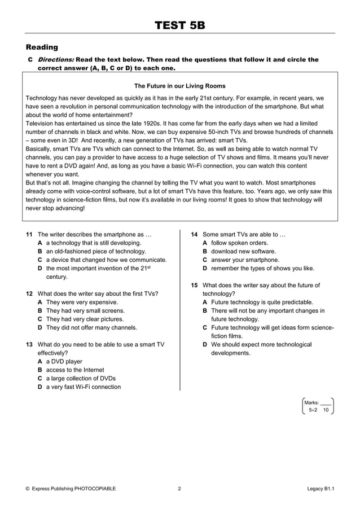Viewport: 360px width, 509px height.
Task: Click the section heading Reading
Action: (42, 47)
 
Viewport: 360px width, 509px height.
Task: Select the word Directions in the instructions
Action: (55, 59)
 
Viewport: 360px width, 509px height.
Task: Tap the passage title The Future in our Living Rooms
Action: (180, 86)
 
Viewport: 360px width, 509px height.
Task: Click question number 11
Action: (29, 234)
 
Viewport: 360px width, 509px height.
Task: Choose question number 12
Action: (29, 293)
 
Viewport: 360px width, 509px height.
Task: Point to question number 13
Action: (29, 344)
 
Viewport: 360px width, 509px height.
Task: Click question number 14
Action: (194, 234)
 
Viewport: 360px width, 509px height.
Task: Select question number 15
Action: (194, 285)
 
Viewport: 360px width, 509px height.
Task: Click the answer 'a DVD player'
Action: (64, 361)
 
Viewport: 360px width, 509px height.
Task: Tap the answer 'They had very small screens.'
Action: (85, 310)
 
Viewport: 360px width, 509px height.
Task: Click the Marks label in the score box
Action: (311, 402)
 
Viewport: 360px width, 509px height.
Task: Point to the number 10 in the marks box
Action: (326, 410)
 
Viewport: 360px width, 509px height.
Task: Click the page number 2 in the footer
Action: (179, 489)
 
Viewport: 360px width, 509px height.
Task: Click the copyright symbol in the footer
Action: (28, 489)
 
